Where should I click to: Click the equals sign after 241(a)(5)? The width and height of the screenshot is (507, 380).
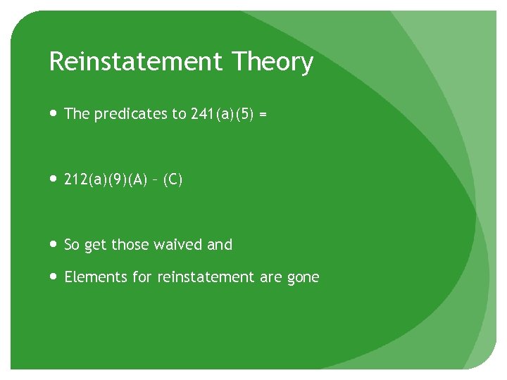pos(263,114)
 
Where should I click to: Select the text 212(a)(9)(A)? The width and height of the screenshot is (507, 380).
pos(105,180)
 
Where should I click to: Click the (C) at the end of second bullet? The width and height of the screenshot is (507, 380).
pos(173,180)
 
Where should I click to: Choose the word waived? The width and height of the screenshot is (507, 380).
pos(179,245)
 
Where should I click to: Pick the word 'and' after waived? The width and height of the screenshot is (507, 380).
pos(220,245)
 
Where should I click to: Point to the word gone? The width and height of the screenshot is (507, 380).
pos(303,278)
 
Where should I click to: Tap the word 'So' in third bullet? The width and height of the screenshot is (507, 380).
pos(72,245)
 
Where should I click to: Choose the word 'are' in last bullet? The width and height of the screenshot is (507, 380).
pos(271,278)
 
